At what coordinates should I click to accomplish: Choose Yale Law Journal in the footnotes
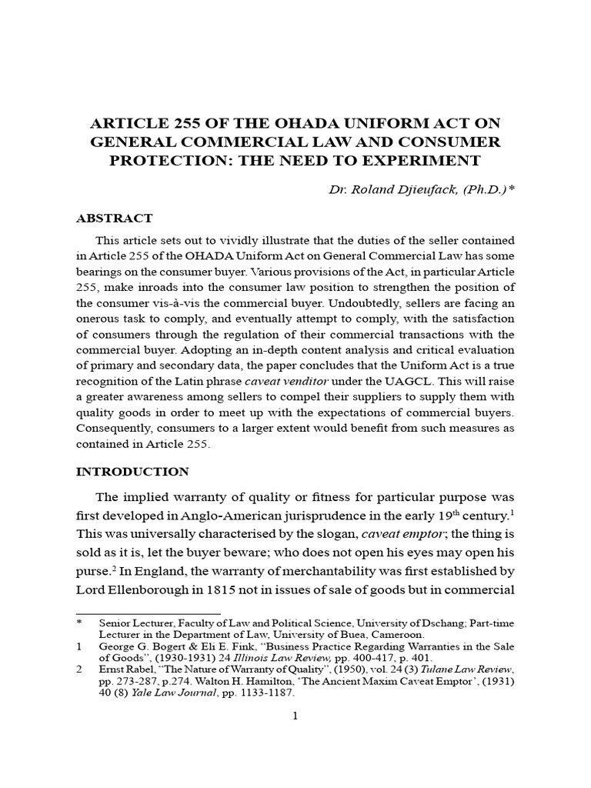164,693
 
